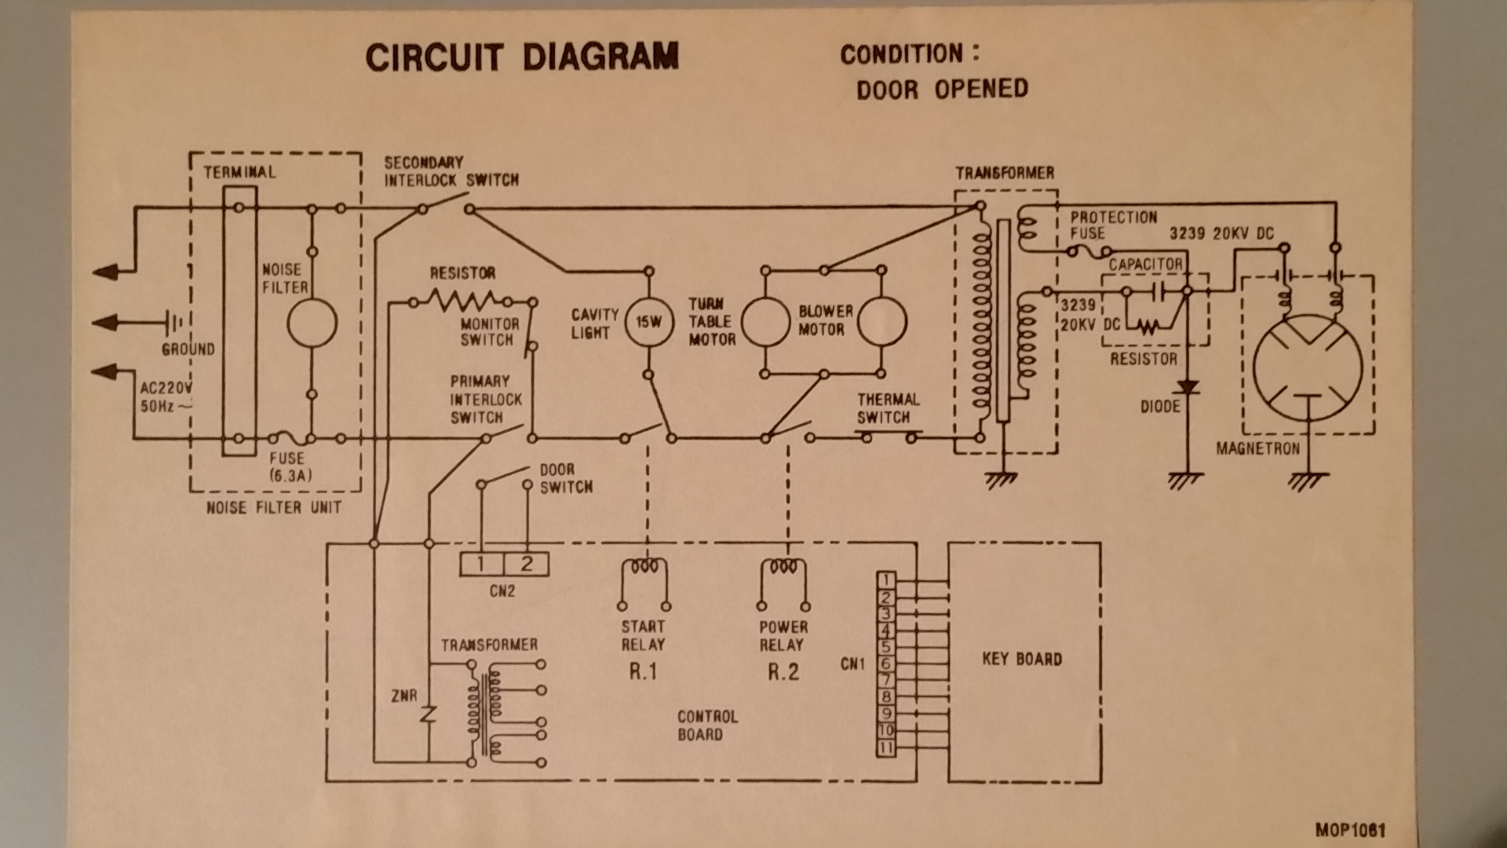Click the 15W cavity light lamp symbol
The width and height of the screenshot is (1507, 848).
649,322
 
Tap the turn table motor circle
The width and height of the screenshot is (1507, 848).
765,322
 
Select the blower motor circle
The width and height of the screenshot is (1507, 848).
882,321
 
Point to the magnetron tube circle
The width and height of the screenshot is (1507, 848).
1308,369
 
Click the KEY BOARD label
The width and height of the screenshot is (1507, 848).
1022,659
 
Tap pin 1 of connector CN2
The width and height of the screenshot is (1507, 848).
481,564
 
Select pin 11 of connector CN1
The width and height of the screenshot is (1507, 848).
885,747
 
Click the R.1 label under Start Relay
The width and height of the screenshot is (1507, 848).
642,672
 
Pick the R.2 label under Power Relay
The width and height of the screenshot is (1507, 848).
783,672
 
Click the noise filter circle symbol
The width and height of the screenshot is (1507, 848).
312,323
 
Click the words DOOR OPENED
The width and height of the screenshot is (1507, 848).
942,89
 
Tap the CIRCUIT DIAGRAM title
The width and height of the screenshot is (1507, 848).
522,57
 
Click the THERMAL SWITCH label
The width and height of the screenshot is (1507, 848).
888,408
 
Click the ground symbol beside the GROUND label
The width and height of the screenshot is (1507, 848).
173,322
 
